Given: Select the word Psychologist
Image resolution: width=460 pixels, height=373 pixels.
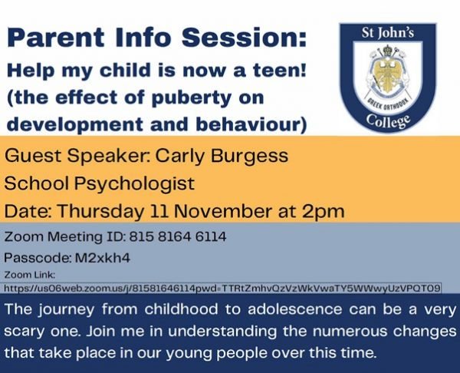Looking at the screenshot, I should click(130, 184).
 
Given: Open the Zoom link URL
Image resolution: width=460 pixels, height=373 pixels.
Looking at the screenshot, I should click(222, 288).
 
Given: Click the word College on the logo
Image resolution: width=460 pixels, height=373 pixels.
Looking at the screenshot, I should click(387, 122).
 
